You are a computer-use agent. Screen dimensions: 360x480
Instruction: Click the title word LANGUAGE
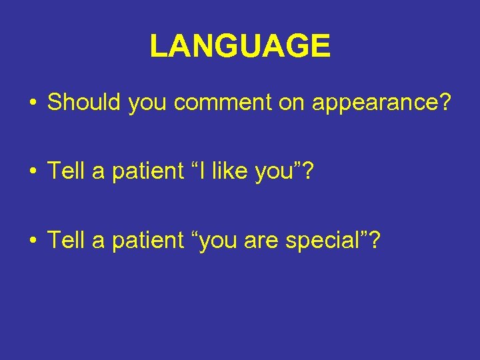(240, 47)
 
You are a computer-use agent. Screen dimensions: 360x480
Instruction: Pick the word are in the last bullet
(261, 241)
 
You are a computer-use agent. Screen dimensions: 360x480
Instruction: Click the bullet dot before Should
(33, 103)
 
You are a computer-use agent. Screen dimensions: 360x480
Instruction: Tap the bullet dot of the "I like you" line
(33, 172)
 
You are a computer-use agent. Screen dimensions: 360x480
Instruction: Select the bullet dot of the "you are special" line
(33, 241)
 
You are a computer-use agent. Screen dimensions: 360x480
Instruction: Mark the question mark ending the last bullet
(376, 239)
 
